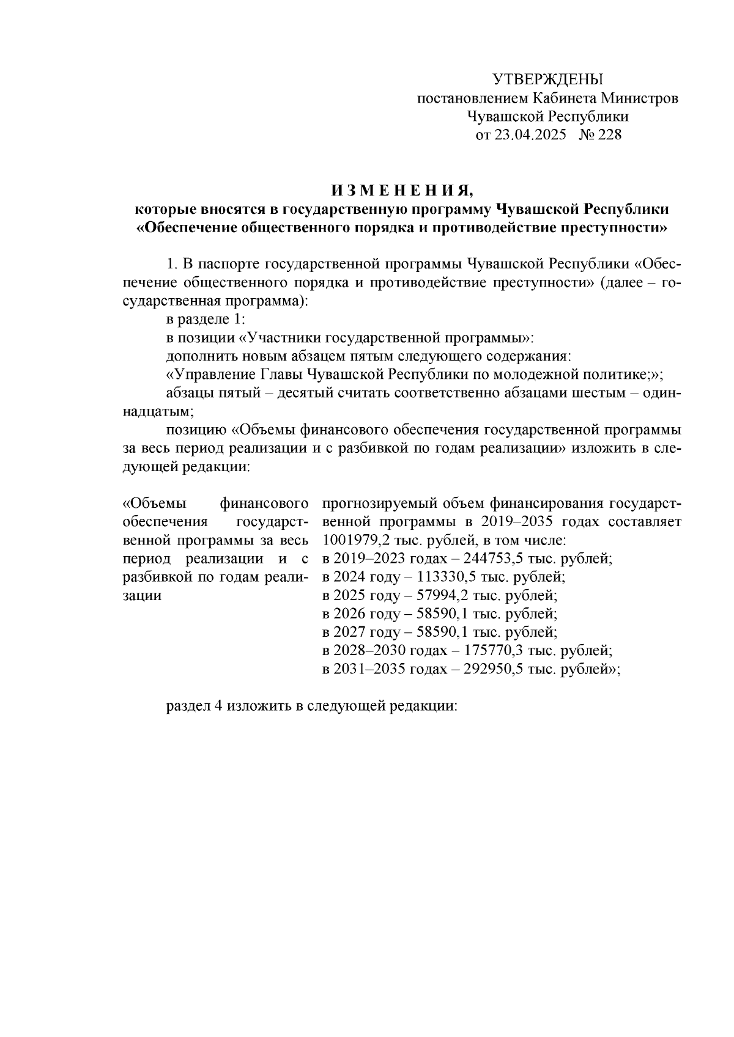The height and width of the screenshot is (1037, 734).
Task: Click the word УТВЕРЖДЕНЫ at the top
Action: (547, 79)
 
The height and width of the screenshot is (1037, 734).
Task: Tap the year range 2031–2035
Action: (365, 669)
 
